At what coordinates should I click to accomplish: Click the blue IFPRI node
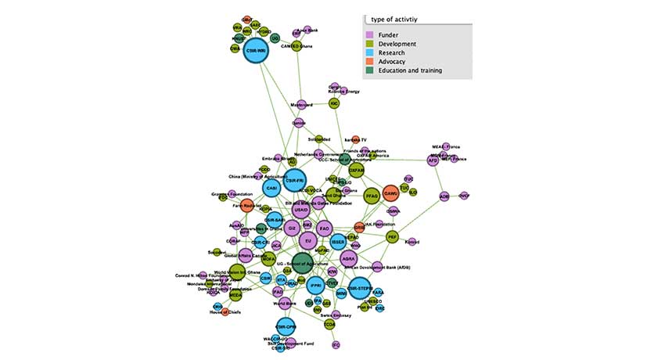pyautogui.click(x=315, y=285)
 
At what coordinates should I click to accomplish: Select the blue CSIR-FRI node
pyautogui.click(x=294, y=181)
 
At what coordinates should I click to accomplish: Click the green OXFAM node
pyautogui.click(x=356, y=170)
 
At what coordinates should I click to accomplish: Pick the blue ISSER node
pyautogui.click(x=338, y=242)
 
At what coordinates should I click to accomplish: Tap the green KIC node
pyautogui.click(x=334, y=103)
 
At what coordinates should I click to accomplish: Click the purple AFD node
pyautogui.click(x=433, y=160)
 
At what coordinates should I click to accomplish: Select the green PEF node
pyautogui.click(x=393, y=236)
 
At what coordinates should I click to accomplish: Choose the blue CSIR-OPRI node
pyautogui.click(x=285, y=326)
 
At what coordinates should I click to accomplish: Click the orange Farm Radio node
pyautogui.click(x=248, y=207)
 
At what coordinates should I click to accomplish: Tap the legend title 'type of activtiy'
pyautogui.click(x=400, y=18)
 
